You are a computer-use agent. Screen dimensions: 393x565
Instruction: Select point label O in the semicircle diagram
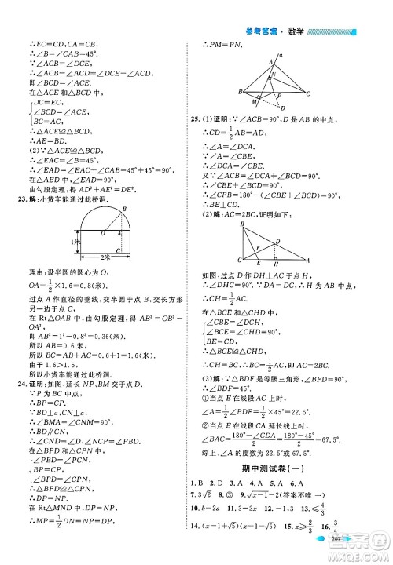coord(101,233)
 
